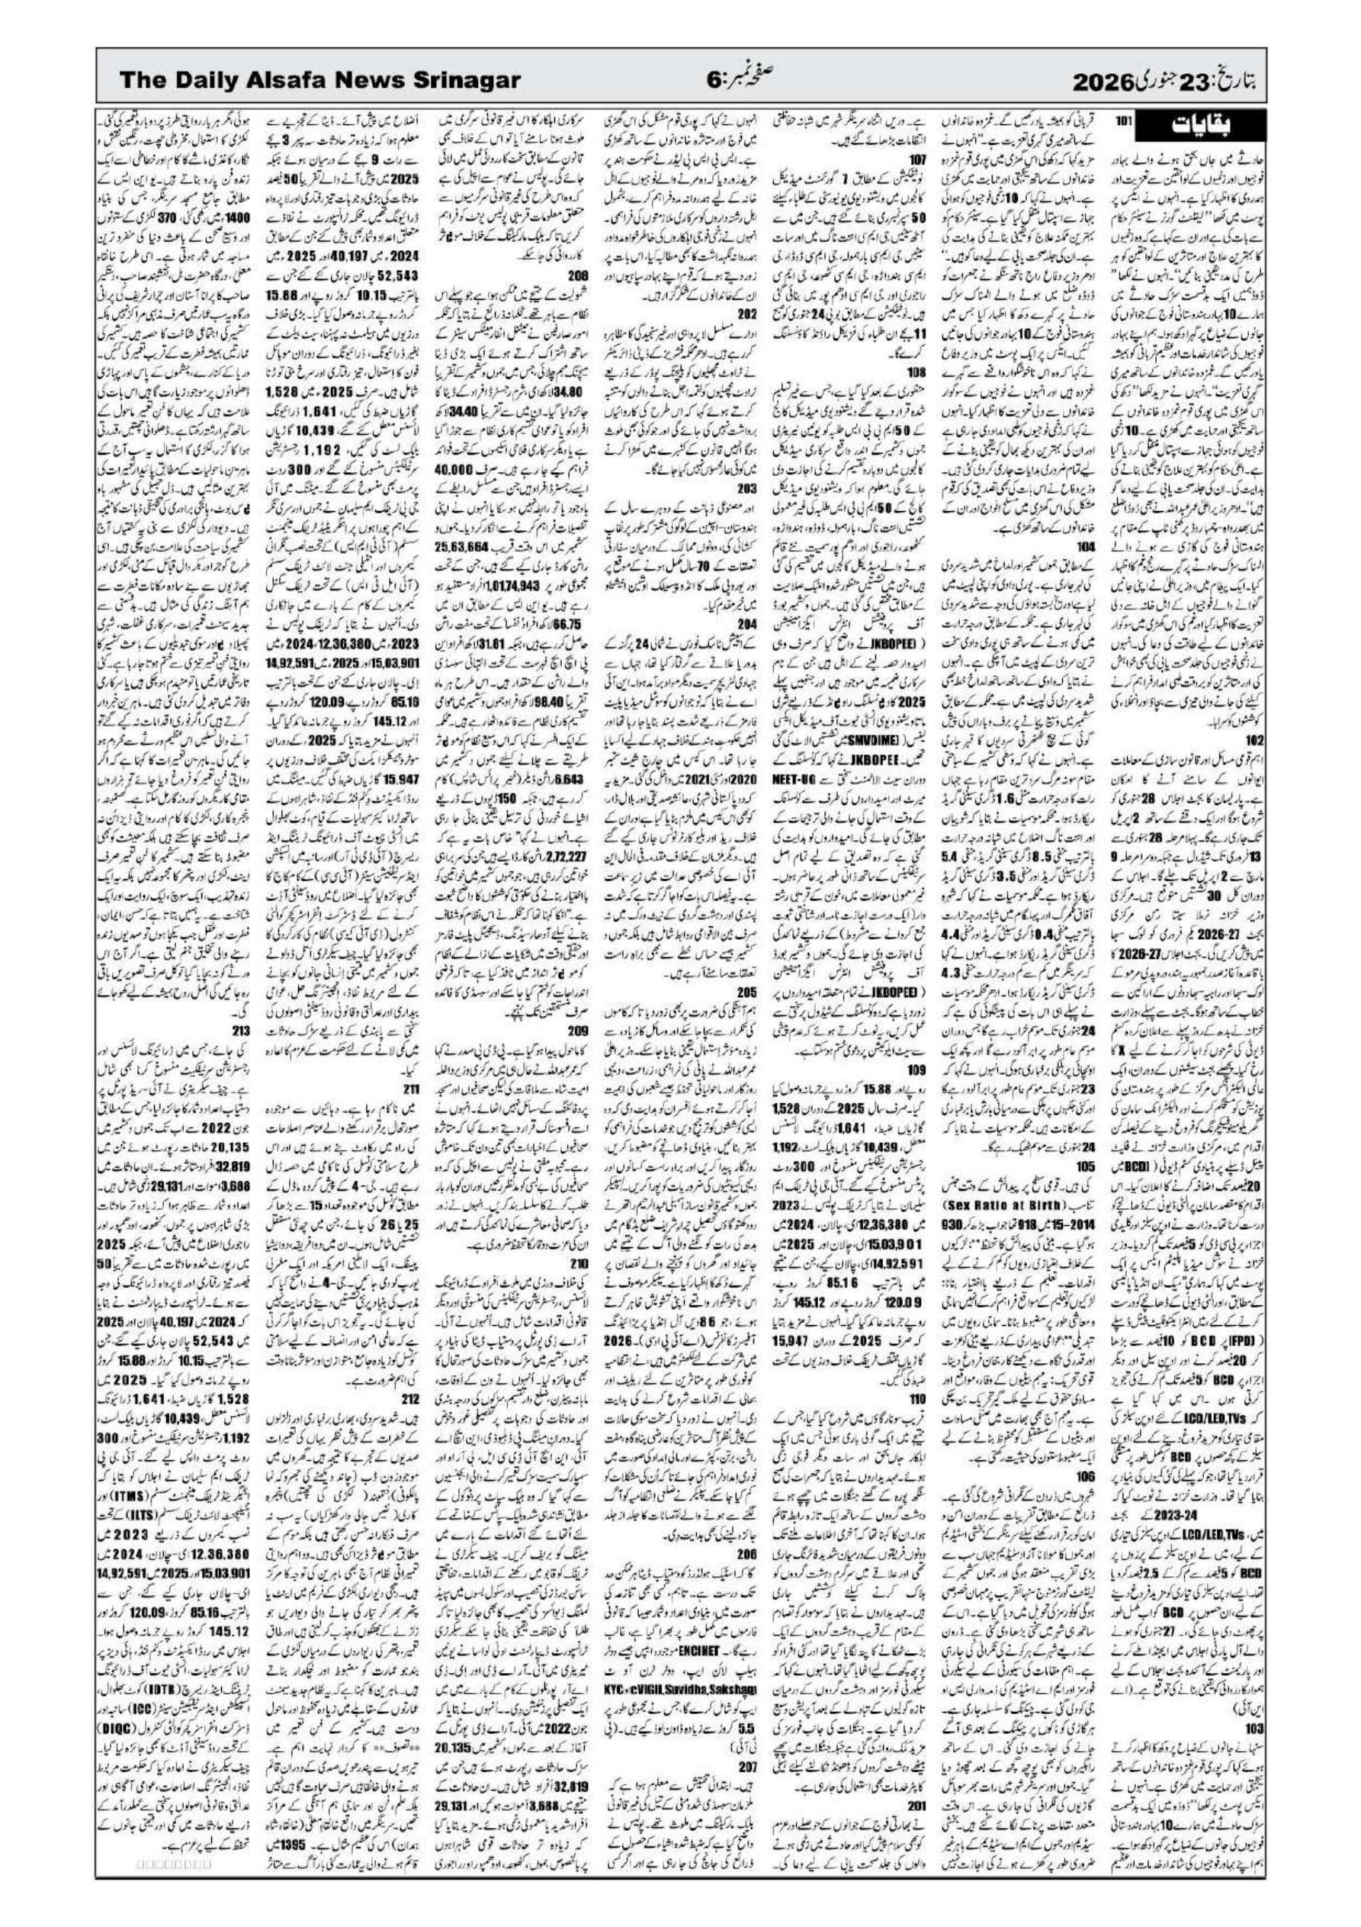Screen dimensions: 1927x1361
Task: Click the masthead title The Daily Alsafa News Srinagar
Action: click(320, 82)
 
